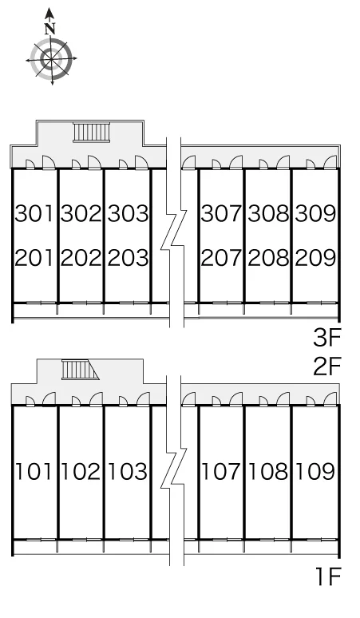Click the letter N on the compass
49,29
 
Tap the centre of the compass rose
51,59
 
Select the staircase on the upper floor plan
90,132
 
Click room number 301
34,213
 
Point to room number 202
81,258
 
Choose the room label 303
128,213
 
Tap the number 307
221,213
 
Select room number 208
268,258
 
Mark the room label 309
315,213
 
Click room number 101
34,471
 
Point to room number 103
127,471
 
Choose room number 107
220,471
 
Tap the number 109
315,471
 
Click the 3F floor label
326,339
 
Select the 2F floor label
326,366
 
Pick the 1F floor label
328,577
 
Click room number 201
34,258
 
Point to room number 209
315,258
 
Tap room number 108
268,471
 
